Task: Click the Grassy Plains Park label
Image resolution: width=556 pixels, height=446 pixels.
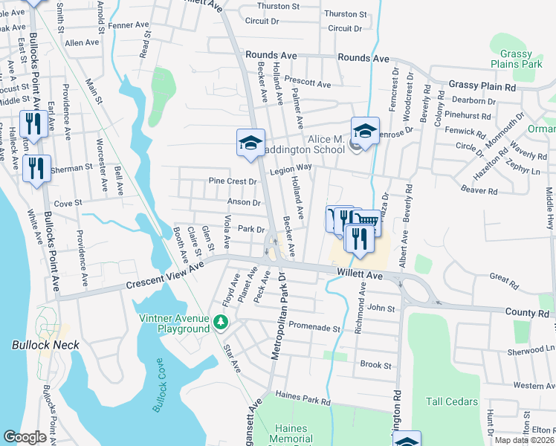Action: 521,59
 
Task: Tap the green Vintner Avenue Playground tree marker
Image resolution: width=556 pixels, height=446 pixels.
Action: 220,322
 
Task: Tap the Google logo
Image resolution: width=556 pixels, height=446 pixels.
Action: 25,437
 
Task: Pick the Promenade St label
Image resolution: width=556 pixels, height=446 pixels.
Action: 314,328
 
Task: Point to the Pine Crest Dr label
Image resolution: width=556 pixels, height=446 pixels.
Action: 232,181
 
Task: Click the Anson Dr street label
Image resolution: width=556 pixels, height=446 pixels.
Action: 244,202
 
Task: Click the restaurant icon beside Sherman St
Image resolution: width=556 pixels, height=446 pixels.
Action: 36,168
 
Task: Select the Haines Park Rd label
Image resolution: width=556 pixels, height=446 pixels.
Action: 303,400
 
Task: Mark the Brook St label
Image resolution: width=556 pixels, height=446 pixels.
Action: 375,365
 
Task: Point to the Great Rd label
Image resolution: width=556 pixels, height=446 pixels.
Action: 503,280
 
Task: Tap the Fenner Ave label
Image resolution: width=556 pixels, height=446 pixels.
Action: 123,45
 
